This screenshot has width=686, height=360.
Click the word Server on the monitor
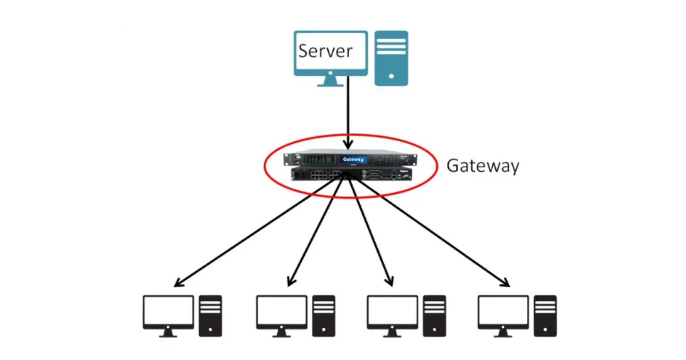pyautogui.click(x=325, y=51)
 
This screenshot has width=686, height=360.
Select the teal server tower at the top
pyautogui.click(x=391, y=58)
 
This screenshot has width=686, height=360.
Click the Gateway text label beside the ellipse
pyautogui.click(x=482, y=166)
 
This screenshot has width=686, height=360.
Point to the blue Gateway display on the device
pyautogui.click(x=353, y=159)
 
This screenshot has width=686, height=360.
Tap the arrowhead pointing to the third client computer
pyautogui.click(x=390, y=281)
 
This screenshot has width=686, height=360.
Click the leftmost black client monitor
pyautogui.click(x=168, y=311)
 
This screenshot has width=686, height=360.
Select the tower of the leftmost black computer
pyautogui.click(x=210, y=315)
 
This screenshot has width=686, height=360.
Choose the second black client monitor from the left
pyautogui.click(x=281, y=311)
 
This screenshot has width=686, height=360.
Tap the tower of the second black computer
pyautogui.click(x=324, y=315)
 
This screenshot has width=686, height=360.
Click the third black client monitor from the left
pyautogui.click(x=392, y=311)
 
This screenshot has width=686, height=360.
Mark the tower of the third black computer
pyautogui.click(x=434, y=315)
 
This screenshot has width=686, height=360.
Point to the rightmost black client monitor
pyautogui.click(x=503, y=311)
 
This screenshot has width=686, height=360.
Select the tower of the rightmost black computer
pyautogui.click(x=545, y=315)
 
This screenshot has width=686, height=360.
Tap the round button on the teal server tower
pyautogui.click(x=391, y=75)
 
